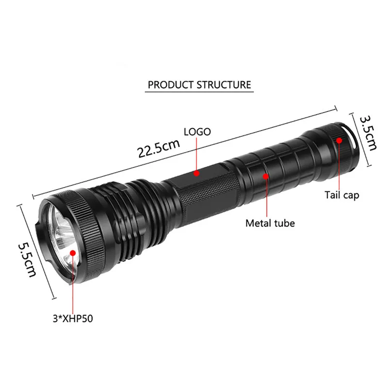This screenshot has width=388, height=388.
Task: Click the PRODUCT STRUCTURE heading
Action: (x=199, y=84)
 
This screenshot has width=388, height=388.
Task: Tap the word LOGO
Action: (x=197, y=131)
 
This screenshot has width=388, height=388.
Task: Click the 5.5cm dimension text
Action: (x=27, y=259)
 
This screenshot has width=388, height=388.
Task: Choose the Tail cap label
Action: (x=342, y=196)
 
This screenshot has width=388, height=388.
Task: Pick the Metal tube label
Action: (x=270, y=224)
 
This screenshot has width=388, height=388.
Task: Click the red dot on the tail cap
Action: (x=339, y=140)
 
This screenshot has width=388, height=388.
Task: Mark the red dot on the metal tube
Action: (x=266, y=176)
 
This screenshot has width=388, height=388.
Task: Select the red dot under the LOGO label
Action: (x=197, y=173)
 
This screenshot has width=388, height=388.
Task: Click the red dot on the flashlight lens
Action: (x=73, y=252)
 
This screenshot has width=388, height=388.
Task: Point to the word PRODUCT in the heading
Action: (x=170, y=84)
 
